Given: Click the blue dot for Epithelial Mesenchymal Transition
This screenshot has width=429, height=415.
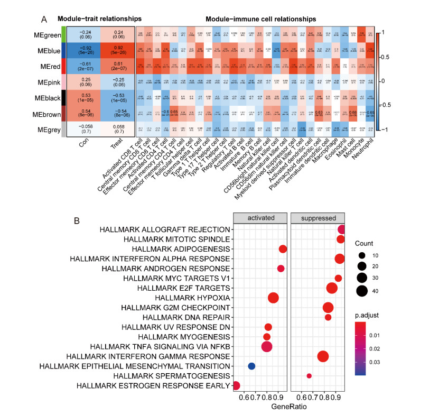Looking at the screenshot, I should coord(251,366).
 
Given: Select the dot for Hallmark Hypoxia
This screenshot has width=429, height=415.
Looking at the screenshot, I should coord(273,298).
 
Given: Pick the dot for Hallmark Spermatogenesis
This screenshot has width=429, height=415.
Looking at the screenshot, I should coord(309,376).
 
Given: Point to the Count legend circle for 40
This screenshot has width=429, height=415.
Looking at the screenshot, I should coord(362,291).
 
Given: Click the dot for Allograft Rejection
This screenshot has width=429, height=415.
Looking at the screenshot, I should coord(341,229).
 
